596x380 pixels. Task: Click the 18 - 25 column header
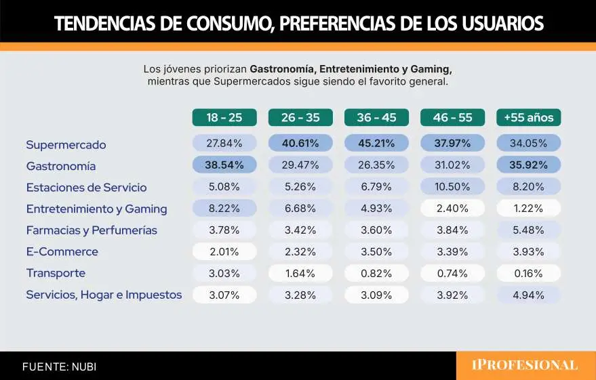click(224, 117)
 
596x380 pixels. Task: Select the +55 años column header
click(528, 117)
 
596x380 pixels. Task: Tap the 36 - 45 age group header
click(376, 117)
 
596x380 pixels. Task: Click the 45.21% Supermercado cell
click(376, 144)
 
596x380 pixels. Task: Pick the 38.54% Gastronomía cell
click(224, 165)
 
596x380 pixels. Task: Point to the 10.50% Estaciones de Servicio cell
click(452, 187)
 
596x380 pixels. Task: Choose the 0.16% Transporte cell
click(528, 273)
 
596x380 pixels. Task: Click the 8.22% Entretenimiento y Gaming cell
click(224, 209)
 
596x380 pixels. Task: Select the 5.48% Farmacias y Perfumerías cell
click(528, 230)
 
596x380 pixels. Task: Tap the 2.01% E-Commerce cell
click(224, 251)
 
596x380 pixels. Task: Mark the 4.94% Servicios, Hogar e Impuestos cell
click(528, 295)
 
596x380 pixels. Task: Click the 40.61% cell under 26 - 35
click(300, 144)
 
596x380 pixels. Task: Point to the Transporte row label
click(55, 273)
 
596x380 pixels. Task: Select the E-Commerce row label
click(62, 251)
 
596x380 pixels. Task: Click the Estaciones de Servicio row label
click(86, 187)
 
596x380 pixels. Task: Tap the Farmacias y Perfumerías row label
click(92, 230)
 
